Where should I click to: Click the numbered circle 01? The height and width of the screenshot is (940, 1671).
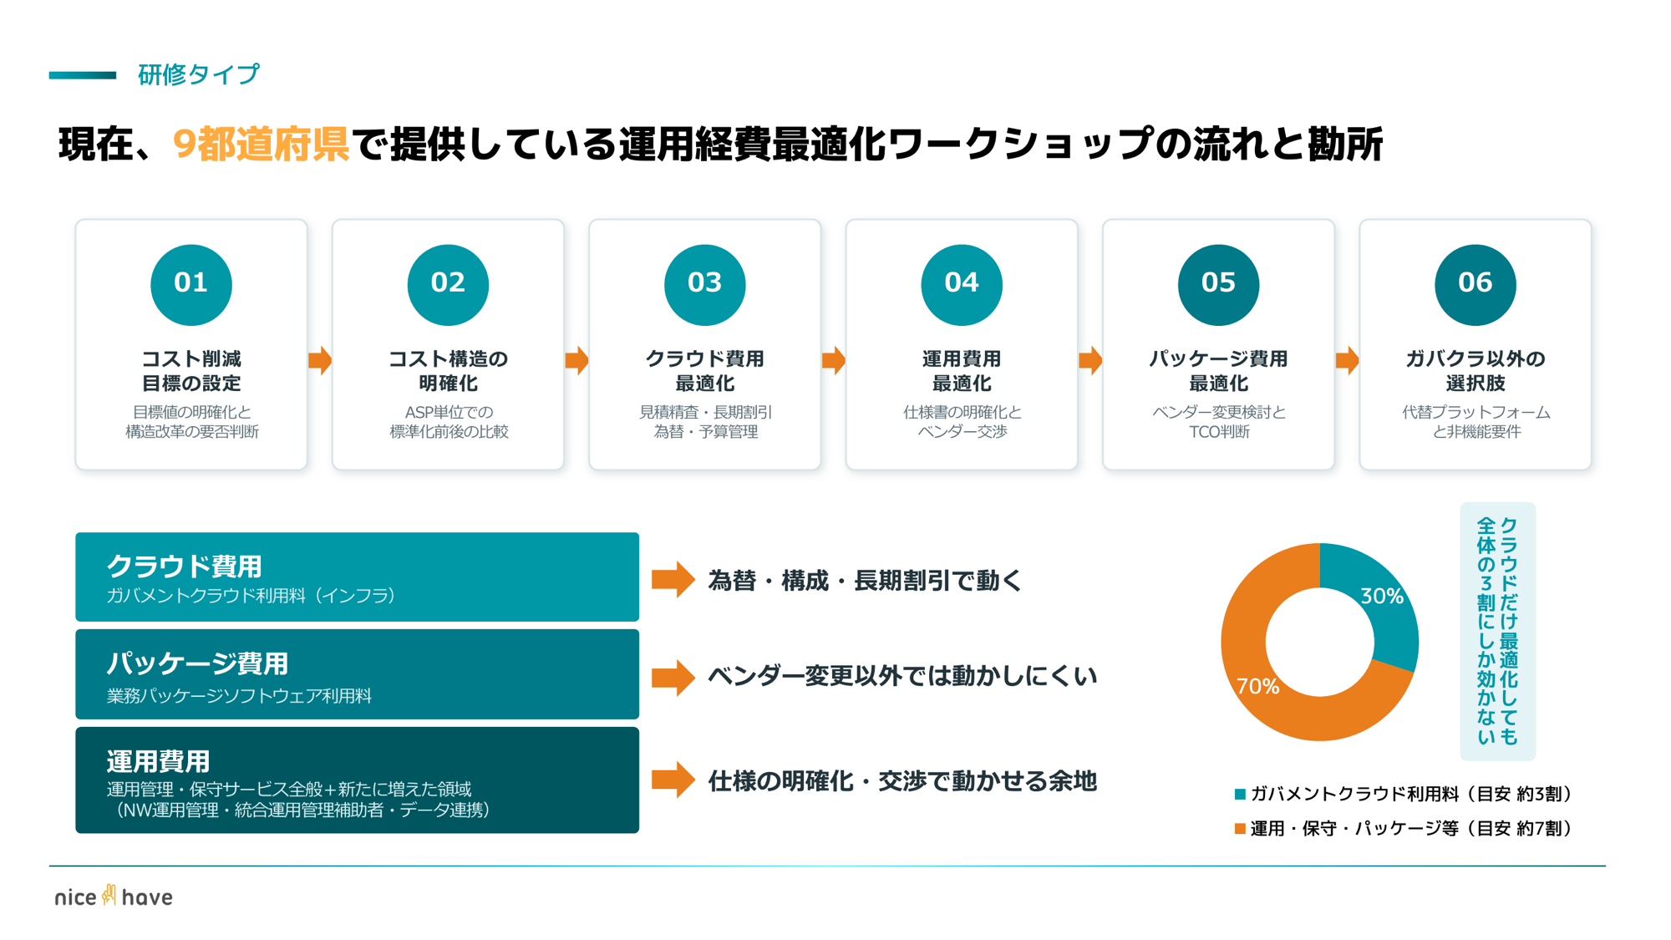191,284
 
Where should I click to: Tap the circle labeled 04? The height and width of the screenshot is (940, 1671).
962,284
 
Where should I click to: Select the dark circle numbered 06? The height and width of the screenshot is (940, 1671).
1475,284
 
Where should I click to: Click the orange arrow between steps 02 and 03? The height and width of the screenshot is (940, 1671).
576,361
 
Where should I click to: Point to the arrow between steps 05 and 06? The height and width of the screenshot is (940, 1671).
1347,361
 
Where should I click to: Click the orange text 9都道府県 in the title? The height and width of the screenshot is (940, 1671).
261,145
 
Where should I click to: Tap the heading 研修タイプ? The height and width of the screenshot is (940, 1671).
199,74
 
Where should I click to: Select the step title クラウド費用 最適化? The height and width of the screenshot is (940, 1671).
704,371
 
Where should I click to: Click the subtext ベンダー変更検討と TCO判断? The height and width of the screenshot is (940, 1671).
1218,422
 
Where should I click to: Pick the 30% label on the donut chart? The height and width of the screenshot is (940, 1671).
1381,596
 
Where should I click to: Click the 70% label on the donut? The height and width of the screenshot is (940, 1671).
1257,686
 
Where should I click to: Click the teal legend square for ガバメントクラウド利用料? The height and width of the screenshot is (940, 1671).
1240,794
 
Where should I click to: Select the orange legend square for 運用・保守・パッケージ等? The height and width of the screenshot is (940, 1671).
1240,828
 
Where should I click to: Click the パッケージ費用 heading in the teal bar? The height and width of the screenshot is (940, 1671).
197,663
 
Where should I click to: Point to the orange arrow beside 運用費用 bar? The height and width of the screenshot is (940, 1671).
673,780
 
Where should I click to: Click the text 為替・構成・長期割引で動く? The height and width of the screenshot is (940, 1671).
865,580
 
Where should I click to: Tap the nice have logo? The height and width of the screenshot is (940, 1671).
114,897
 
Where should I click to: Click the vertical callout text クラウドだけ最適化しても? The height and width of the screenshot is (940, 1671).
1509,631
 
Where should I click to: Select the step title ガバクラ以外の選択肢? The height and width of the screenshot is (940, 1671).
1475,371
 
